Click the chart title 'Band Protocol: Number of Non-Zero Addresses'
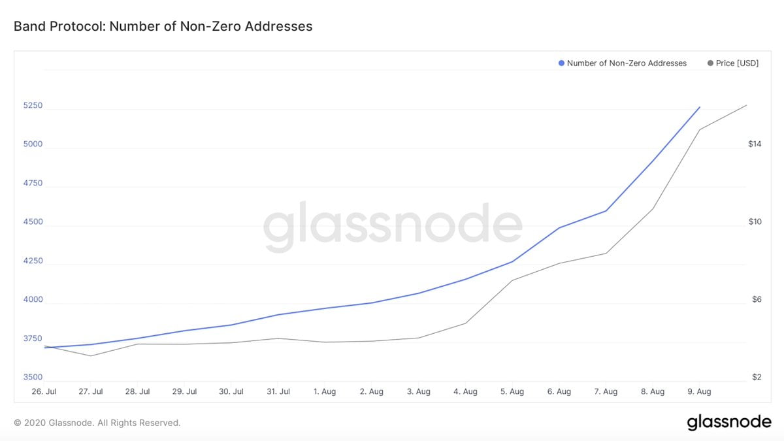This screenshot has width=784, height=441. pyautogui.click(x=163, y=27)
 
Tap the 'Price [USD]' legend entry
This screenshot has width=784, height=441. pyautogui.click(x=732, y=63)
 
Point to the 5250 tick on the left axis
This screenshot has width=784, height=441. pyautogui.click(x=33, y=106)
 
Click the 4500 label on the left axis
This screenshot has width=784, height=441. pyautogui.click(x=33, y=222)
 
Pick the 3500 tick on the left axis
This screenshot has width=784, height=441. pyautogui.click(x=33, y=378)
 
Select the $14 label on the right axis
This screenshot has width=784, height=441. pyautogui.click(x=755, y=144)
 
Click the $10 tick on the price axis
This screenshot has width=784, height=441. pyautogui.click(x=755, y=222)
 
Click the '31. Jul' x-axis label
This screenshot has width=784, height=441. pyautogui.click(x=278, y=392)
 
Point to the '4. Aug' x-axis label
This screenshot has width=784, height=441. pyautogui.click(x=465, y=392)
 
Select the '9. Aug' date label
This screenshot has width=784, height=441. pyautogui.click(x=699, y=392)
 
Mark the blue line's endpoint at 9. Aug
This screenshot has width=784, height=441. pyautogui.click(x=700, y=107)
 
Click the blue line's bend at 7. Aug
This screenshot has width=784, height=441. pyautogui.click(x=606, y=210)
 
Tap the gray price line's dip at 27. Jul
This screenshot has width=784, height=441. pyautogui.click(x=91, y=355)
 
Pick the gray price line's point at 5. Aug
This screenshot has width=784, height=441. pyautogui.click(x=513, y=280)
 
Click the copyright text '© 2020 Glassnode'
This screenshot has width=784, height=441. pyautogui.click(x=97, y=423)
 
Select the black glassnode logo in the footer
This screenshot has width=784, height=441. pyautogui.click(x=728, y=423)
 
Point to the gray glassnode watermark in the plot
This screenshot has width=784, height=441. pyautogui.click(x=393, y=227)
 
